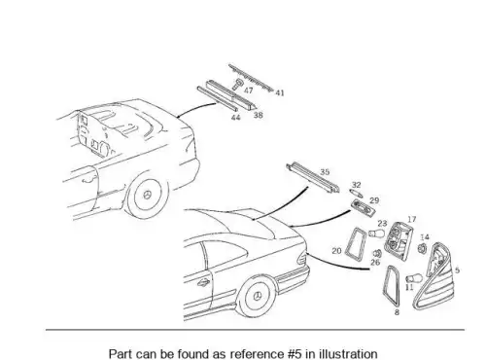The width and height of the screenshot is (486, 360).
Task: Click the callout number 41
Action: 280,93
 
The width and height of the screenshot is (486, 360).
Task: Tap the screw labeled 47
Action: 238,85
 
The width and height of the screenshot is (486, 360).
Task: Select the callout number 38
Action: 258,115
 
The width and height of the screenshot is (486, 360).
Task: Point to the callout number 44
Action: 235,117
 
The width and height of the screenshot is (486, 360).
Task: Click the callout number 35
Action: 325,172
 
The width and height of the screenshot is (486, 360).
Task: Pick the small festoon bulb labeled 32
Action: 356,194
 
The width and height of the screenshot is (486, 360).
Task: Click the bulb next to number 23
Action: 377,234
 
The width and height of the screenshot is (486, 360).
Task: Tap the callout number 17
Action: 411,220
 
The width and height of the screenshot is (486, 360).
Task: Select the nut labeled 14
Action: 422,249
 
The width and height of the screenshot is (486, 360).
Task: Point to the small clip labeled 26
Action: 377,253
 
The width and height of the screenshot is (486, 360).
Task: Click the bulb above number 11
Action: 414,278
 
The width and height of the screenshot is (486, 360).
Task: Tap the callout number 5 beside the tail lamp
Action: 457,270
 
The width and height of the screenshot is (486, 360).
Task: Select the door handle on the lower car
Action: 203,283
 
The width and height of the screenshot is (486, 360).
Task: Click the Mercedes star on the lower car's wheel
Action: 258,297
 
